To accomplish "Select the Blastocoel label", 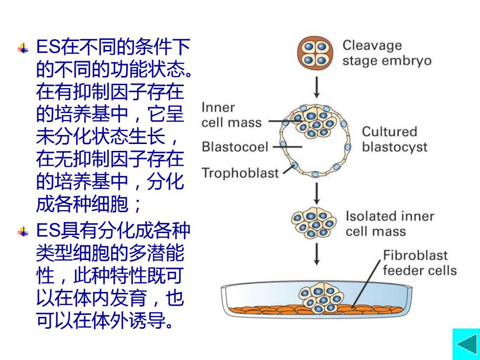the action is point(235,146).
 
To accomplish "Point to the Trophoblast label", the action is point(240,173).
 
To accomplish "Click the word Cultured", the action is point(389,132).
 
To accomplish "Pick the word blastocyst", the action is point(395,147).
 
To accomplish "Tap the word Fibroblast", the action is point(415,255).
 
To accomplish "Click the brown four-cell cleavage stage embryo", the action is point(315,53).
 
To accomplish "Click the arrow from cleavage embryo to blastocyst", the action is point(316,87).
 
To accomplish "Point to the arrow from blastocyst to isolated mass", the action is point(316,193).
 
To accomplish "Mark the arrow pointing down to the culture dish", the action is point(316,254).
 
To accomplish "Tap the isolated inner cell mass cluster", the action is point(314,222).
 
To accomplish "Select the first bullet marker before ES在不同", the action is point(24,48).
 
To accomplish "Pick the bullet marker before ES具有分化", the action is point(24,232).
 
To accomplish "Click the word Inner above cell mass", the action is point(218,107).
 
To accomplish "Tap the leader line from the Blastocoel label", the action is point(287,147).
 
